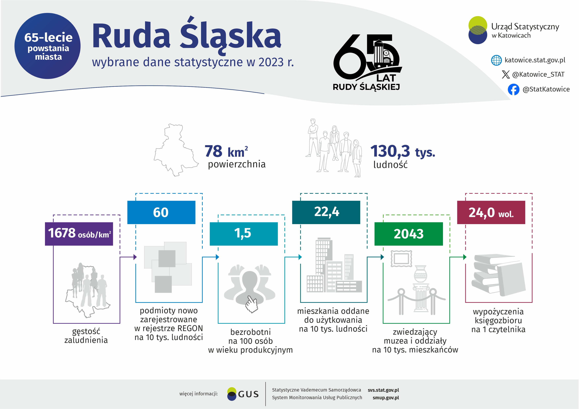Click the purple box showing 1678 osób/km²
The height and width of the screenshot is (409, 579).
pos(79,234)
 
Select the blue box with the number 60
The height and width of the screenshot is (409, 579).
pos(161,212)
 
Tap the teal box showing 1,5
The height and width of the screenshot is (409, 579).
pos(244,234)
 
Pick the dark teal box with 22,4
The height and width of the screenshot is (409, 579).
pos(326,212)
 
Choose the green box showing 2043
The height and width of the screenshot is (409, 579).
pos(409,234)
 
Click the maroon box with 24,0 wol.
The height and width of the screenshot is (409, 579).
pos(491,212)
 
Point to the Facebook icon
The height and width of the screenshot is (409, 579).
pos(513,89)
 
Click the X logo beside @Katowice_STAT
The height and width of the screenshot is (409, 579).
pos(506,74)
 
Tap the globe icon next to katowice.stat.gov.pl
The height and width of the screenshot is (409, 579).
pos(496,60)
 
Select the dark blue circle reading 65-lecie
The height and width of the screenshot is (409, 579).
pos(47,46)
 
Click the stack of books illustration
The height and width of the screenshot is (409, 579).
pos(498,275)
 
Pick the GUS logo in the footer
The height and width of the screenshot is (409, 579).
pos(243,394)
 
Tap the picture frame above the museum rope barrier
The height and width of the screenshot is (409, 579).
pos(401,258)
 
